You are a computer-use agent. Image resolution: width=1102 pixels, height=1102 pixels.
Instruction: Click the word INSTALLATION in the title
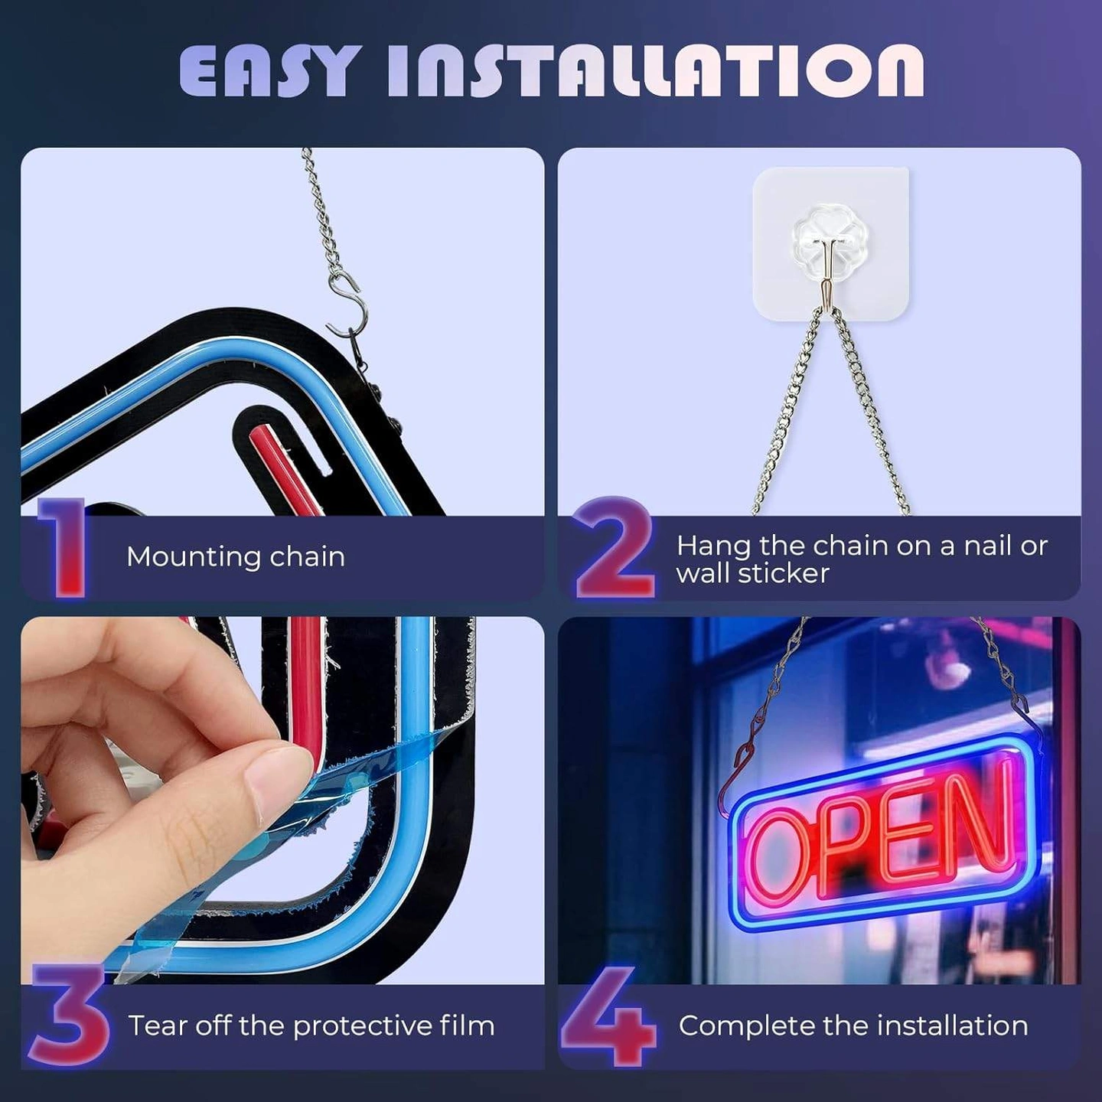pos(656,71)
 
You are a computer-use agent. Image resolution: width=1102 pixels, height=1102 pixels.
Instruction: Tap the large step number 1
pos(64,547)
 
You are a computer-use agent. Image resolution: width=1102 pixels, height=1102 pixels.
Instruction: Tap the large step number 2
pos(615,547)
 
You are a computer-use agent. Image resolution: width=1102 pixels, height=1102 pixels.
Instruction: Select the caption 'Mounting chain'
pos(236,556)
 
